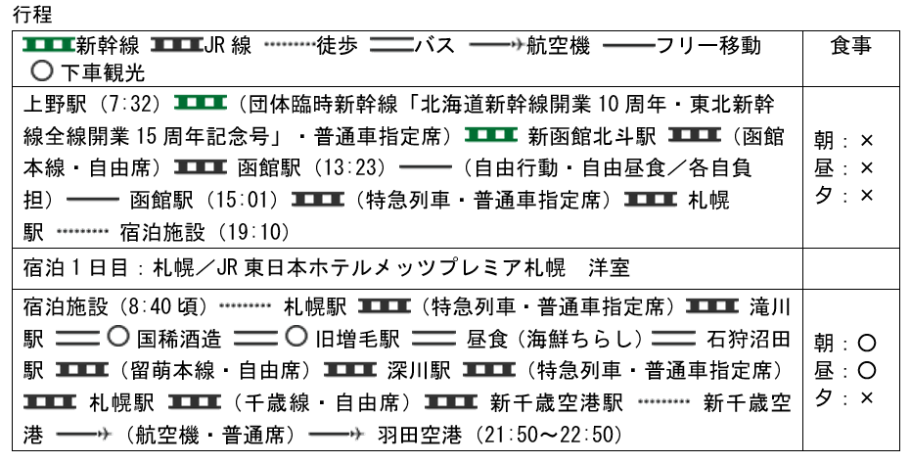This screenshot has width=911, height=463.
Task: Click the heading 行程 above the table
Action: pos(38,15)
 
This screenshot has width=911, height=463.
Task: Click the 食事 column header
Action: pos(850,46)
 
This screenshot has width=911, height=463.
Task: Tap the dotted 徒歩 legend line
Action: pos(288,46)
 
